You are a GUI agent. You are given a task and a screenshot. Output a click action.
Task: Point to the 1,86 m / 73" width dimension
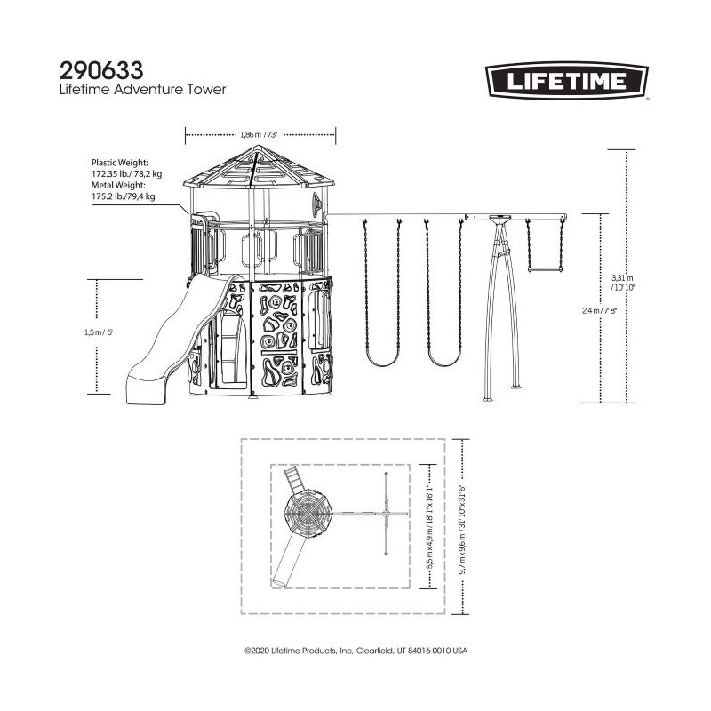pyautogui.click(x=260, y=135)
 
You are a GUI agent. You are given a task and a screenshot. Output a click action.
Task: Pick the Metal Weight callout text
pyautogui.click(x=124, y=191)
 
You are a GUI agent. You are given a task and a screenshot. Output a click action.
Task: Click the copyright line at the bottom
pyautogui.click(x=355, y=651)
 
